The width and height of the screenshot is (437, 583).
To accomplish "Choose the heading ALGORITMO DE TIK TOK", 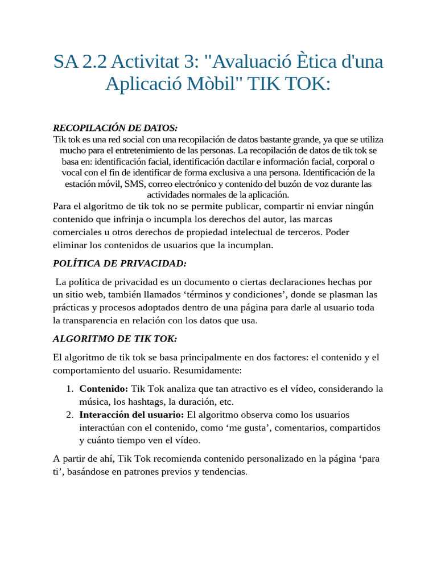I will point(115,339).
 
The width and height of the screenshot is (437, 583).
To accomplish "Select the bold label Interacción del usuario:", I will point(132,414).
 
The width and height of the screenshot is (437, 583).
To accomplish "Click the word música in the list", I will point(93,401).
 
